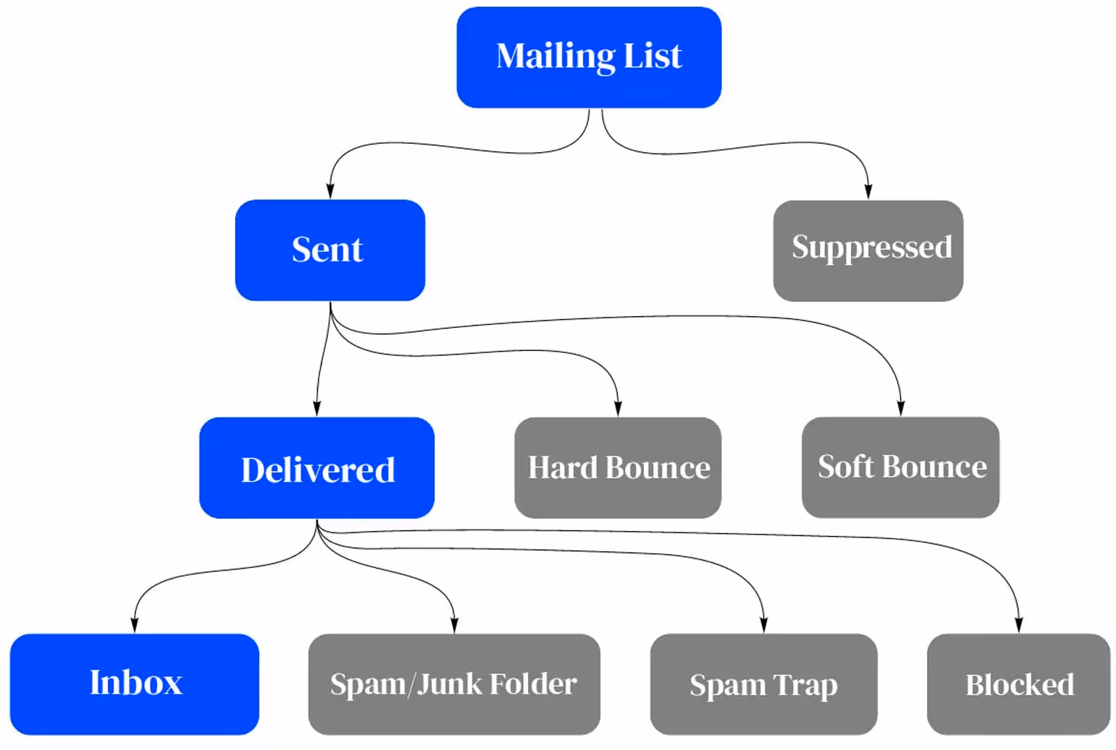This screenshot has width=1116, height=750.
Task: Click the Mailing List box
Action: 589,57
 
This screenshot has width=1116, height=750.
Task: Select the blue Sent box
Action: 331,250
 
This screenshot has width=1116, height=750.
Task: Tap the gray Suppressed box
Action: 868,250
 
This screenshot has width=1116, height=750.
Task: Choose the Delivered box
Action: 317,468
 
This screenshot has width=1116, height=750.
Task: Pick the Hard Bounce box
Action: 618,468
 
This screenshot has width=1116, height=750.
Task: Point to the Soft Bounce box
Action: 900,467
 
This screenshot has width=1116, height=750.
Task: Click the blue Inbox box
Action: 135,684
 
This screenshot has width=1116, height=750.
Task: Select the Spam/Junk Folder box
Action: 454,684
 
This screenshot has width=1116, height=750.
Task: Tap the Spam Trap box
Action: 764,684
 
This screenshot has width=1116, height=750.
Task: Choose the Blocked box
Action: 1019,684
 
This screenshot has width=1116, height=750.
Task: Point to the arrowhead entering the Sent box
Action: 330,191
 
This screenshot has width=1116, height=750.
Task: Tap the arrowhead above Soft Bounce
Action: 900,408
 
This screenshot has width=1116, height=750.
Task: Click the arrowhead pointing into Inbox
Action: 135,625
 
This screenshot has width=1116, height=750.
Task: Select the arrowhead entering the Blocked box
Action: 1019,625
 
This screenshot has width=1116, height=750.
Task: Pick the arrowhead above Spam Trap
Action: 764,625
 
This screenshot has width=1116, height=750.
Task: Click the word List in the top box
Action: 653,55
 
